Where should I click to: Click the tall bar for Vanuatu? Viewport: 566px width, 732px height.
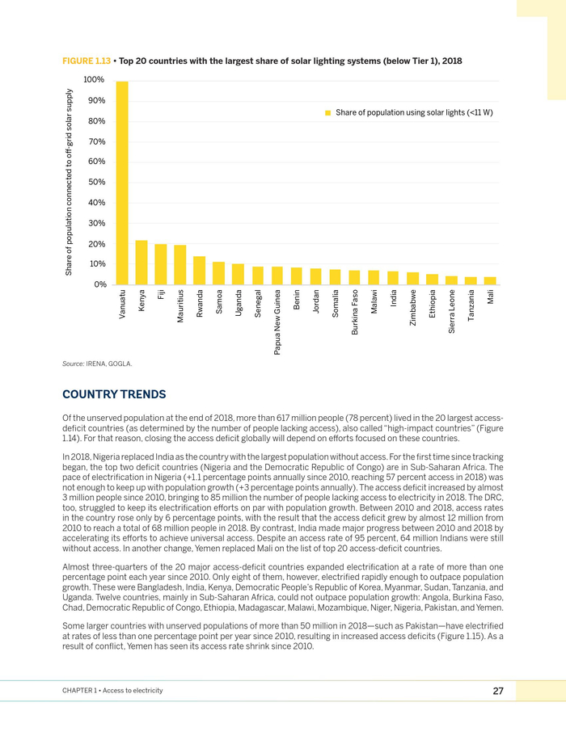point(122,183)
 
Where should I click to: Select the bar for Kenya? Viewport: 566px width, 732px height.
point(141,263)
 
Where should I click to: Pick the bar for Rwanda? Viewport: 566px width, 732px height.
point(200,270)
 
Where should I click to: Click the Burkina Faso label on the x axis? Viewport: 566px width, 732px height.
point(355,313)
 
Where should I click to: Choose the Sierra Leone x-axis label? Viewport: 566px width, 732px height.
point(452,309)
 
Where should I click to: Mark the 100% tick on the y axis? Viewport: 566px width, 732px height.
point(94,80)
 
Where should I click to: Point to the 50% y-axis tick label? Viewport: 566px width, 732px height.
point(96,183)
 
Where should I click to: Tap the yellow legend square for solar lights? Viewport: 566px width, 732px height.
point(328,112)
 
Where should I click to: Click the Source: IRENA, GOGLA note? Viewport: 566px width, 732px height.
point(97,364)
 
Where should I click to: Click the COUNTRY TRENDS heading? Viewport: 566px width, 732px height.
point(114,394)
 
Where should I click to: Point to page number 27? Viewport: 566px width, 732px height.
point(498,691)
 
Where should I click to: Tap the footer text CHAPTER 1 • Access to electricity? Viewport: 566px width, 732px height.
point(112,691)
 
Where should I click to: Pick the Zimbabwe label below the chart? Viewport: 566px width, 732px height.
point(413,307)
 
